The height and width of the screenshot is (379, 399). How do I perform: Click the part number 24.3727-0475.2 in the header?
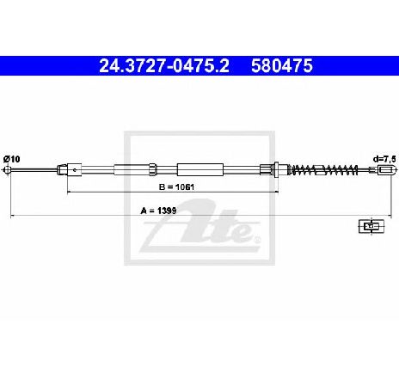(x=164, y=65)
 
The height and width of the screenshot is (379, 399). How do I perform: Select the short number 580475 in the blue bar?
(x=282, y=65)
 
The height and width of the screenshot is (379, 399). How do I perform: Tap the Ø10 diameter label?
(x=12, y=159)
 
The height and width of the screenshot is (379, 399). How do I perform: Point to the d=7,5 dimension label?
(x=384, y=159)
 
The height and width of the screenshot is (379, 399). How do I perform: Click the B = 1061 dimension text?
(x=176, y=187)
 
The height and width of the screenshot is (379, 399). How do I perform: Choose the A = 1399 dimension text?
(x=158, y=211)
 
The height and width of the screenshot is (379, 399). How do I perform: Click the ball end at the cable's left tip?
(x=7, y=170)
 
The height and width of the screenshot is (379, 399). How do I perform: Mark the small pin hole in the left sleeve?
(x=75, y=170)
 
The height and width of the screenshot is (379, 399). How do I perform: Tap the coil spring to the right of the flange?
(x=324, y=170)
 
